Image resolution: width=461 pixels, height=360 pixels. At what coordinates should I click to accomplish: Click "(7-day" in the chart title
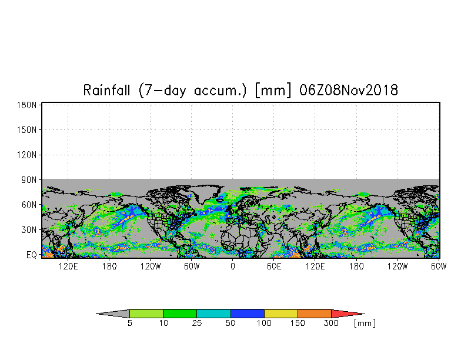point(159,90)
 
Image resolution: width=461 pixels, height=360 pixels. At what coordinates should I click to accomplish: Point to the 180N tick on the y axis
point(28,105)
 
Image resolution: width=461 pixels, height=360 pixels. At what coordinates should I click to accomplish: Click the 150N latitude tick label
point(28,129)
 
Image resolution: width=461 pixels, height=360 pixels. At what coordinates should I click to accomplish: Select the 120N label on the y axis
point(28,155)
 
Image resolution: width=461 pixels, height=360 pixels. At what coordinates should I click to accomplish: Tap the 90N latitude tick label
point(30,179)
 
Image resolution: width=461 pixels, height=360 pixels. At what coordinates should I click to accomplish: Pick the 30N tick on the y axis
point(30,229)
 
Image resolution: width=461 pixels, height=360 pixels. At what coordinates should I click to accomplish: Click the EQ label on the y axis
point(32,255)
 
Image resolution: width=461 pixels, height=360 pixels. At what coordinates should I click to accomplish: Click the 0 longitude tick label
point(233,266)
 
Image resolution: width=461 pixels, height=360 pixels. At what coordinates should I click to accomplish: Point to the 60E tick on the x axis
point(274,266)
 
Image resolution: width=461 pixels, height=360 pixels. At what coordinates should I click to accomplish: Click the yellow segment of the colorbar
point(281,314)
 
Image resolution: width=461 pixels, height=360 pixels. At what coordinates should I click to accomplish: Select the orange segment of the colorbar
point(315,314)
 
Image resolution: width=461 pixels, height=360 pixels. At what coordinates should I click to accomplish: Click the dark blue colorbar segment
point(248,314)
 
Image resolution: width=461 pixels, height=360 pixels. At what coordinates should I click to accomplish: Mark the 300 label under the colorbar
point(332,324)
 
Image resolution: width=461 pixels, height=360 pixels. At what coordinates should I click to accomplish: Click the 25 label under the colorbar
point(197,324)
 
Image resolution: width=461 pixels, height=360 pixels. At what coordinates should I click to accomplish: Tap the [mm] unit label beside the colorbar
point(365,324)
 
